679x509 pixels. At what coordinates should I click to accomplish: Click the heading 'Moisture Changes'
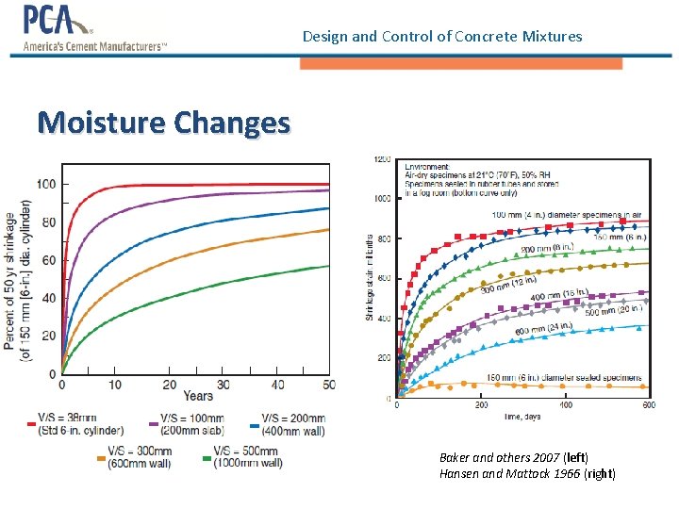(163, 123)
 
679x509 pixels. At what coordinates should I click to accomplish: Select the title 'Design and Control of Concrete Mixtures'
(442, 37)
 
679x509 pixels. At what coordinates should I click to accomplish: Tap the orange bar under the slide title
(460, 63)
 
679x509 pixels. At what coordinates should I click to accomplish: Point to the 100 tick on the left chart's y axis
(44, 184)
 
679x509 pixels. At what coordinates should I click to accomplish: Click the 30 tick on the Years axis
(223, 385)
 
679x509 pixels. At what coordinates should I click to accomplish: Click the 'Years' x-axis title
(198, 396)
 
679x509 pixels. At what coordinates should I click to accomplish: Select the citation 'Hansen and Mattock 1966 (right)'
(527, 473)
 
